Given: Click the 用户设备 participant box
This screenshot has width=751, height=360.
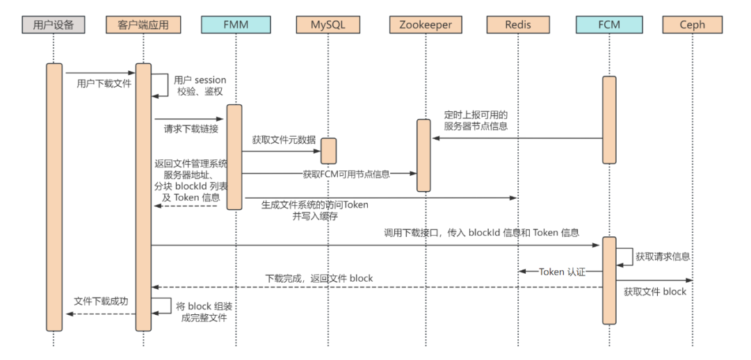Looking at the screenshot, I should [54, 25].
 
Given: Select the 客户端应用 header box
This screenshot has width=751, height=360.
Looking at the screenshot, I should [143, 25].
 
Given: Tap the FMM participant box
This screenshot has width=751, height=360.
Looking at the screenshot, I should [234, 25].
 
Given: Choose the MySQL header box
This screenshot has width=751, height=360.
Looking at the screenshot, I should [328, 25].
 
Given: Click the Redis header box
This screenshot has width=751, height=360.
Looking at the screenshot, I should [519, 25].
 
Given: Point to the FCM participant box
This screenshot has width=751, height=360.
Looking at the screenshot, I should [609, 25].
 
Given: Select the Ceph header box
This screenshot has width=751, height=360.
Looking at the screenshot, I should [693, 25].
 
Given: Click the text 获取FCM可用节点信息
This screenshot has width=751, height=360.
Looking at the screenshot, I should [346, 174].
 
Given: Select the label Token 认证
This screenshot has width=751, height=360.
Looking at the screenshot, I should [562, 272].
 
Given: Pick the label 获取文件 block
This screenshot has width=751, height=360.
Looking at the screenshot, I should [655, 292].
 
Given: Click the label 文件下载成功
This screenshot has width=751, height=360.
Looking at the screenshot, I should [101, 302].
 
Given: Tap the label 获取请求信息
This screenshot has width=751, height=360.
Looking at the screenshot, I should [663, 256].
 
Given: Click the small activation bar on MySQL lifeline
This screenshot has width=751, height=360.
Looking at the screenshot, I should [328, 151].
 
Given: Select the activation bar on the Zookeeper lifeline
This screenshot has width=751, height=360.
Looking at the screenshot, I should [423, 154].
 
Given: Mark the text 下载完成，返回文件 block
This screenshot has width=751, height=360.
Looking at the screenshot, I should [319, 278].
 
